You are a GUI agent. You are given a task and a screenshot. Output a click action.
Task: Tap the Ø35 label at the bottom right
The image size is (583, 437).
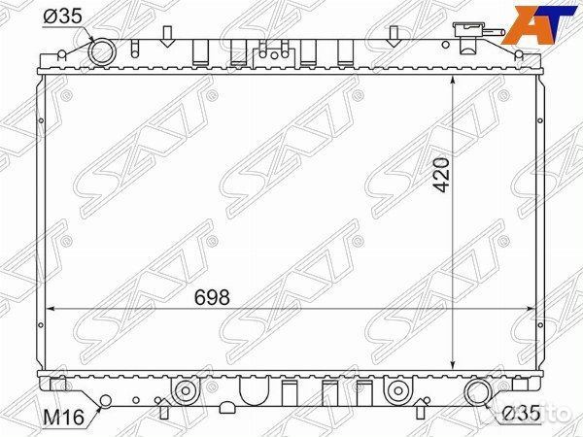pyautogui.click(x=520, y=415)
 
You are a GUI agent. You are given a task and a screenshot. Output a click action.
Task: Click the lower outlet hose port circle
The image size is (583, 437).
pyautogui.click(x=476, y=393)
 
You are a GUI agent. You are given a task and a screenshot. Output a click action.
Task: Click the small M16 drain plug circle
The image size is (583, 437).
pyautogui.click(x=105, y=400)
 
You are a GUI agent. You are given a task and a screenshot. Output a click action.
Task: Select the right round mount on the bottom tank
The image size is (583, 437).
pyautogui.click(x=396, y=393)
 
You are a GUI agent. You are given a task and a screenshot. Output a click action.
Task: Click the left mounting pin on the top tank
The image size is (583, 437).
pyautogui.click(x=166, y=38)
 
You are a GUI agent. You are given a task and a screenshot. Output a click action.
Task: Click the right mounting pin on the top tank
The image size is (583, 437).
pyautogui.click(x=394, y=38)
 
